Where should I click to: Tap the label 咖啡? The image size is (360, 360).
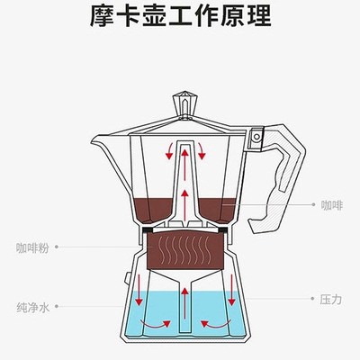point(331,205)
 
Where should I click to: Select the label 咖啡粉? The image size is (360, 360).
point(31,246)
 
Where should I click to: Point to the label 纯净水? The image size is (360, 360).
point(31,306)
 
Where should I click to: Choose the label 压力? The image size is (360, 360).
point(330,298)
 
